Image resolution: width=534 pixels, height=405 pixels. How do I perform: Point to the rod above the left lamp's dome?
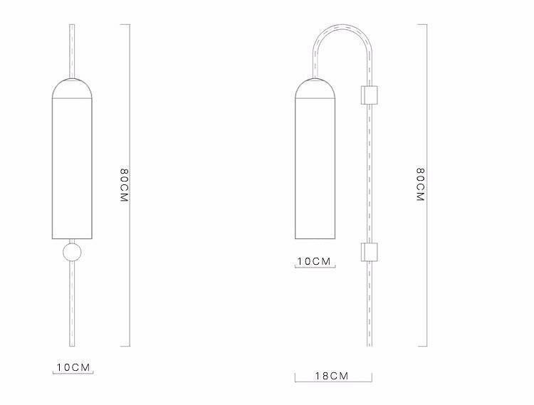72,50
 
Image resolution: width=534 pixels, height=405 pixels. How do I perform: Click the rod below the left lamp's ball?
72,306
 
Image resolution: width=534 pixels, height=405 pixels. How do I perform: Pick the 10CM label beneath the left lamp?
74,367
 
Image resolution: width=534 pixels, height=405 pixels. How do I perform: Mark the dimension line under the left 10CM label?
74,374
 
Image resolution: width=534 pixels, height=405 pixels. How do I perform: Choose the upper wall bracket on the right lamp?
370,95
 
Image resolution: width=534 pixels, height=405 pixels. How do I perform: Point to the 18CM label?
333,375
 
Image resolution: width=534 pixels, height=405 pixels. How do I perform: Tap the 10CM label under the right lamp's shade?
315,261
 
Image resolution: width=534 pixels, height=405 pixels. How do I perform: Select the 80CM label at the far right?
421,186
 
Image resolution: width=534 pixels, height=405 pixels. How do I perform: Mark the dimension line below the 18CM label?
333,382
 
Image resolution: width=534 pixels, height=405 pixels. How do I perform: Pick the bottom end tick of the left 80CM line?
125,347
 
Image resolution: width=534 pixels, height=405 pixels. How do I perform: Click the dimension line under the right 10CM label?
315,268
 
